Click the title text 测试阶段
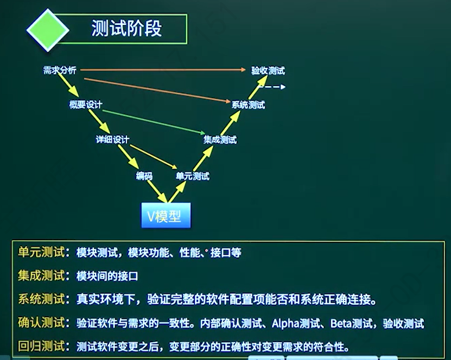coord(126,28)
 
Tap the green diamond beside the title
coord(48,30)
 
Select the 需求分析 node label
coord(60,70)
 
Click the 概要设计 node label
coord(86,104)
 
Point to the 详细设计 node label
coord(112,140)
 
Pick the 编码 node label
coord(144,176)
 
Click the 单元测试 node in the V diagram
coord(193,176)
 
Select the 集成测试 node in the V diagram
coord(220,140)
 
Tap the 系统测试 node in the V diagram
coord(248,105)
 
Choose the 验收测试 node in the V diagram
coord(268,70)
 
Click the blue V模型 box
coord(166,215)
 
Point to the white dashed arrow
coord(271,87)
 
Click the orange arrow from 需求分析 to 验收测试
coord(163,69)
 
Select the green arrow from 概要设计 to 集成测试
coord(154,122)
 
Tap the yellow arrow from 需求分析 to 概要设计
coord(68,84)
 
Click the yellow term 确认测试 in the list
coord(41,323)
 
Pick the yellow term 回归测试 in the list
coord(41,346)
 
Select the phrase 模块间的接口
coord(107,276)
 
